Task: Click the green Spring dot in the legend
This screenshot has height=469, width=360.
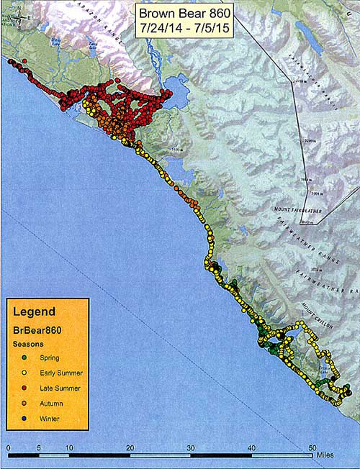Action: pyautogui.click(x=23, y=357)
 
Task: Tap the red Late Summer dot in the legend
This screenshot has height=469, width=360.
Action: pyautogui.click(x=23, y=388)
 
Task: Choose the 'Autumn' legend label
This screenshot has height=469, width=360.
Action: pyautogui.click(x=51, y=403)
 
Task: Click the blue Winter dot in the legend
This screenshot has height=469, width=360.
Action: pyautogui.click(x=23, y=418)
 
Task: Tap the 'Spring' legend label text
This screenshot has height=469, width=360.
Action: pyautogui.click(x=50, y=357)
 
